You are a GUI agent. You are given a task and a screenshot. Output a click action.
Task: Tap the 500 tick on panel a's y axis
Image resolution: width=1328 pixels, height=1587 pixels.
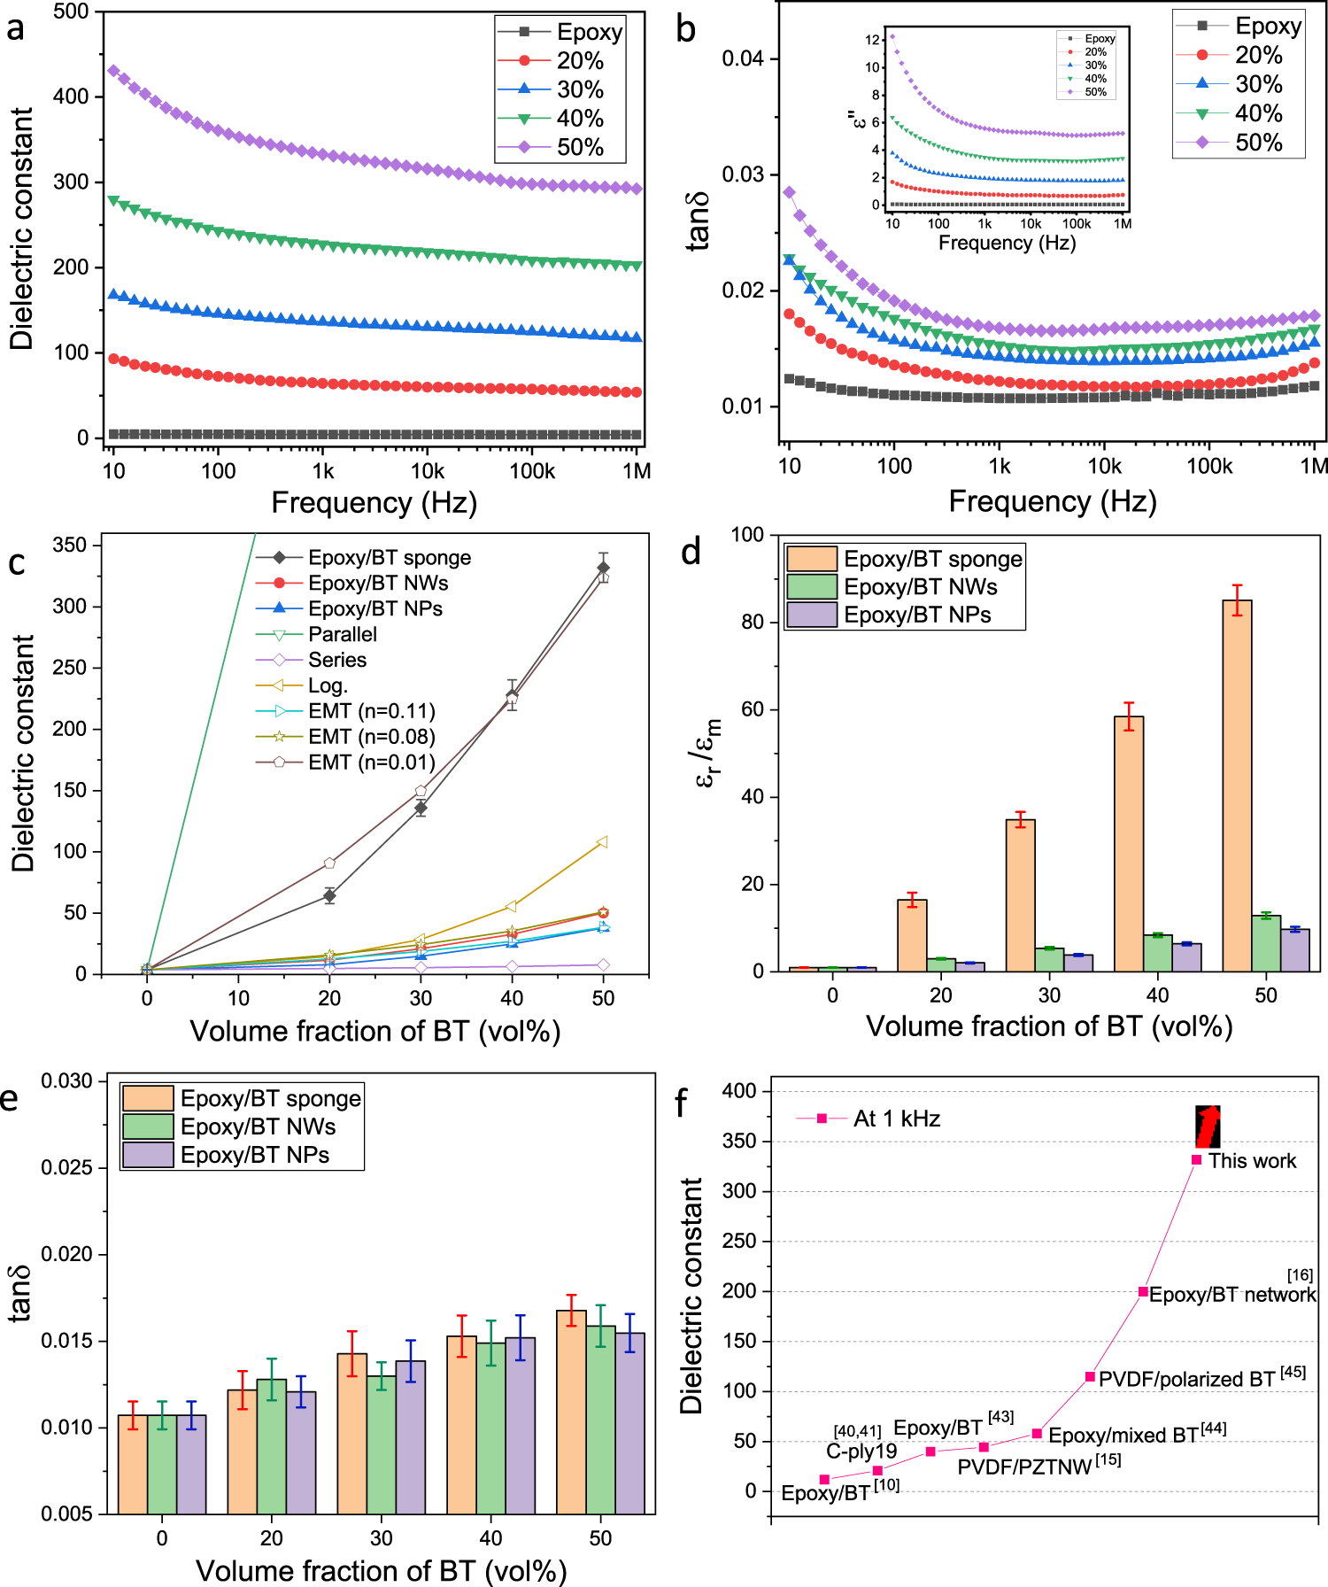click(x=72, y=12)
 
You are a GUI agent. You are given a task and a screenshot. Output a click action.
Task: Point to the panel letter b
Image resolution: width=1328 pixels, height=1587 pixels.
click(x=685, y=29)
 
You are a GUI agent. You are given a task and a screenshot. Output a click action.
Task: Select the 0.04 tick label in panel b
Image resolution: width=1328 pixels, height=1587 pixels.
click(x=743, y=59)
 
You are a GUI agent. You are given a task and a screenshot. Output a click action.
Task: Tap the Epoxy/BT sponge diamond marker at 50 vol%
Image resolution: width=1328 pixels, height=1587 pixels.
click(x=604, y=568)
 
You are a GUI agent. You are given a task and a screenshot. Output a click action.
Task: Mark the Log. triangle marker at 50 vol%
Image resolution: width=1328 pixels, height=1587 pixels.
click(x=602, y=841)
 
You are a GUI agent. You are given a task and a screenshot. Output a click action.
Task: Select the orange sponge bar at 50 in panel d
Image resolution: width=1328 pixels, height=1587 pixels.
click(x=1237, y=785)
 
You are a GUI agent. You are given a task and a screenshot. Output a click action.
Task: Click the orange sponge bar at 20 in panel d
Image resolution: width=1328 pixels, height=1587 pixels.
click(x=912, y=935)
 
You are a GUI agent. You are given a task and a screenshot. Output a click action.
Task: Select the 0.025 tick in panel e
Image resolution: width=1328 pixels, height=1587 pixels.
click(x=66, y=1168)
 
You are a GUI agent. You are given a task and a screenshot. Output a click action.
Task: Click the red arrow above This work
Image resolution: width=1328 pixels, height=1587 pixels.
click(x=1208, y=1126)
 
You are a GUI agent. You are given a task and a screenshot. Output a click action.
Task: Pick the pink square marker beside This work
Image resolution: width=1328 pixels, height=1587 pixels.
click(x=1196, y=1160)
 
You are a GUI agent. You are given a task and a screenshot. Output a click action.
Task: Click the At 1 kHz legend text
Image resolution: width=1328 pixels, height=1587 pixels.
click(x=896, y=1119)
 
